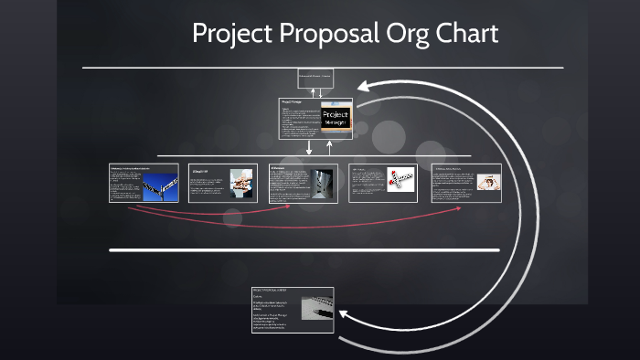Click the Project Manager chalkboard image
[x=336, y=119]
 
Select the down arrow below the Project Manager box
[x=309, y=148]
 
